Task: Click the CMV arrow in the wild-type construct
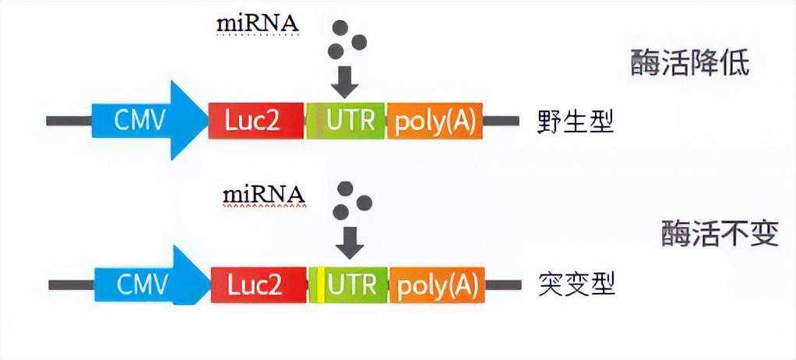coord(144,120)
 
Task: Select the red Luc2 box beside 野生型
coord(256,120)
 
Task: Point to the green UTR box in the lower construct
coord(350,285)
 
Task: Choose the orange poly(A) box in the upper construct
coord(434,120)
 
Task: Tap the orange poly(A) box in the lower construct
coord(436,285)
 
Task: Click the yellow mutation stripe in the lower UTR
coord(320,285)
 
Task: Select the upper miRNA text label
coord(257,23)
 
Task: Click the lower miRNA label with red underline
coord(263,193)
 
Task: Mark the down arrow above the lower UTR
coord(348,244)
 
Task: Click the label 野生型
coord(575,122)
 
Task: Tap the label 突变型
coord(576,286)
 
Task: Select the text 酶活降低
coord(689,63)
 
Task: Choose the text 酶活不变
coord(719,233)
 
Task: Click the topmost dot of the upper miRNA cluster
coord(340,28)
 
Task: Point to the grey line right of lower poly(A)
coord(503,285)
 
